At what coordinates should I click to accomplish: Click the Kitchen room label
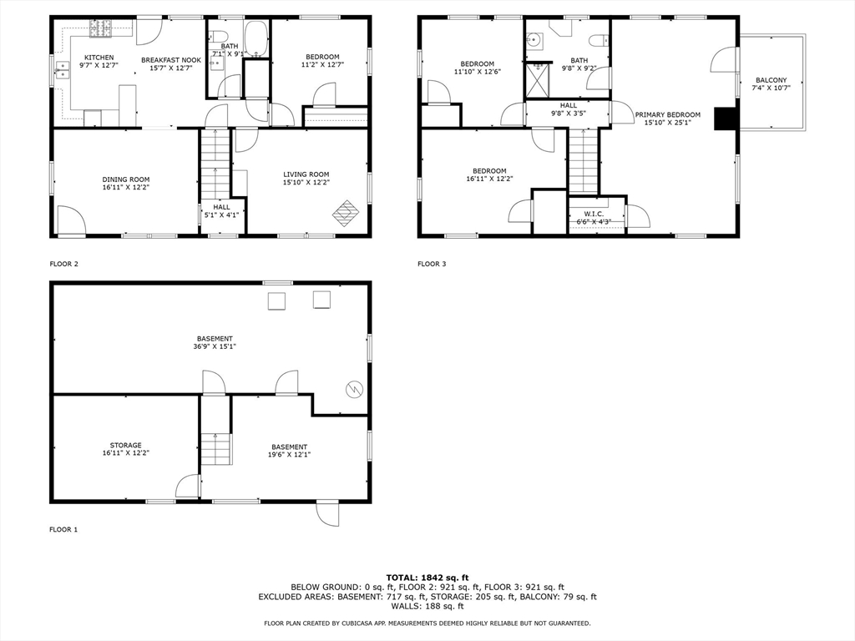click(x=99, y=57)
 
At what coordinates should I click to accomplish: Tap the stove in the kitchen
click(x=101, y=30)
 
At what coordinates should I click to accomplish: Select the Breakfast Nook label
click(x=170, y=60)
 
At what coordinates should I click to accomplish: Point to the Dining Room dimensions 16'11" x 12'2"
click(x=126, y=189)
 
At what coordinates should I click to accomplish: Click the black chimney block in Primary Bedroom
click(x=723, y=120)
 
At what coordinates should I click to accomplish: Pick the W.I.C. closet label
click(x=594, y=214)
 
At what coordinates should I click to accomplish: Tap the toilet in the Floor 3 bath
click(x=596, y=40)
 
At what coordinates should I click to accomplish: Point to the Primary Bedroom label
click(x=667, y=114)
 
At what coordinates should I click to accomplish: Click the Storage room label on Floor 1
click(x=126, y=445)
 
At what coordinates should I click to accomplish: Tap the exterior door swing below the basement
click(x=327, y=513)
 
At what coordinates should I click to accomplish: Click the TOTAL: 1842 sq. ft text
click(x=427, y=577)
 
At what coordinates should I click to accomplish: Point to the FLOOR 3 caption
click(x=432, y=264)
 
